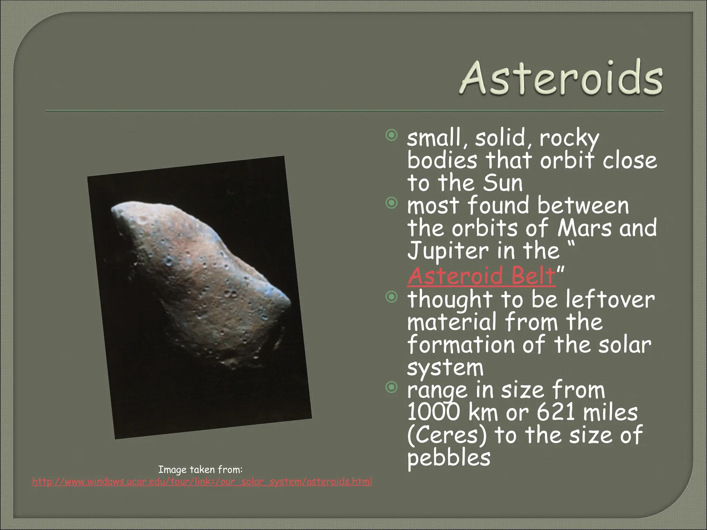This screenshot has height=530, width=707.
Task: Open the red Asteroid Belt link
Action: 482,276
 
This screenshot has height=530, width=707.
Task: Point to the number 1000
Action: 434,412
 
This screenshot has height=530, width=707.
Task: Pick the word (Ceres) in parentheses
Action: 447,435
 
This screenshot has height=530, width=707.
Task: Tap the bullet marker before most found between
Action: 391,204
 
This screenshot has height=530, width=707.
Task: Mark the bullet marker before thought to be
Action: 391,297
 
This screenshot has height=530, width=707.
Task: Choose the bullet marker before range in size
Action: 391,388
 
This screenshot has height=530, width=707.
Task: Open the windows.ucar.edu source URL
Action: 202,481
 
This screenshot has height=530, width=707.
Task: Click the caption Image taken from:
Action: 200,470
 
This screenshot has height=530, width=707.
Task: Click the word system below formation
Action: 445,368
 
